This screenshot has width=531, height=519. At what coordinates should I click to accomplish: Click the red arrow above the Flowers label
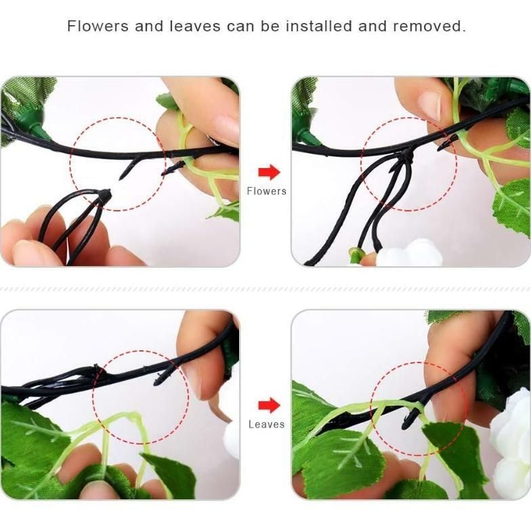pyautogui.click(x=269, y=172)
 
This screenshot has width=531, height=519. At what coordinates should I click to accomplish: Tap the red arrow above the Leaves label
pyautogui.click(x=269, y=405)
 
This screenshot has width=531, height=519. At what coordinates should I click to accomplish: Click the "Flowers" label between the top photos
pyautogui.click(x=266, y=191)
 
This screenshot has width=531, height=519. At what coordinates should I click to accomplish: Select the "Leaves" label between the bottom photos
pyautogui.click(x=266, y=424)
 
